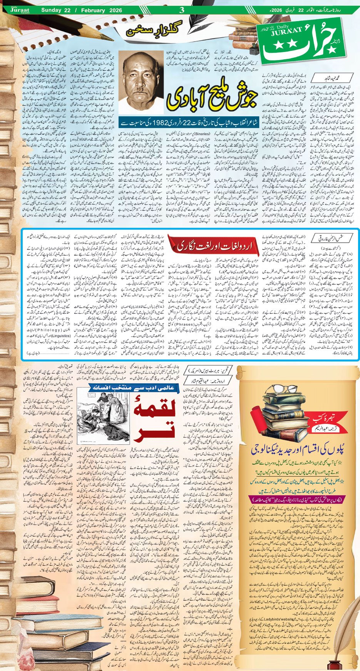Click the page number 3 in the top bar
pyautogui.click(x=182, y=10)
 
